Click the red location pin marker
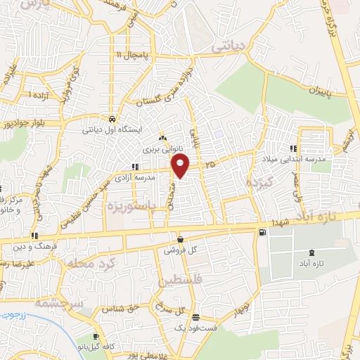181,167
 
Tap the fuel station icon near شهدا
263,232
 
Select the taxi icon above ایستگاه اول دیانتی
112,119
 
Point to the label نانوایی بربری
162,149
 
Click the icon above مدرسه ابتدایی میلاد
294,148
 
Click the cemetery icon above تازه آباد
311,252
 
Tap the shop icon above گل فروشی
180,239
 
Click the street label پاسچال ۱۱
133,55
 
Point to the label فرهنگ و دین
32,246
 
